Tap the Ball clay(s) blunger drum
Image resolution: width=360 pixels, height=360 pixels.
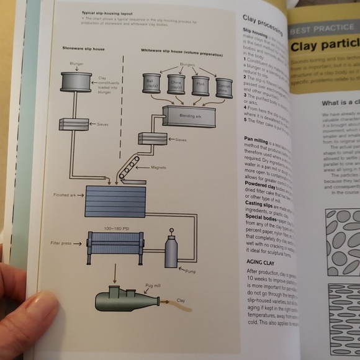(x=151, y=83)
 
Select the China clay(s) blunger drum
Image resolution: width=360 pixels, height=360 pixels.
(x=176, y=84)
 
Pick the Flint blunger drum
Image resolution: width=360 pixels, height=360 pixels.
(x=200, y=85)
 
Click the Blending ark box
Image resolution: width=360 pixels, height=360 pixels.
(x=189, y=116)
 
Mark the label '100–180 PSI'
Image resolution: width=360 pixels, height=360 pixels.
(x=115, y=228)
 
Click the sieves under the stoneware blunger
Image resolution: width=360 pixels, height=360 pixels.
(x=74, y=124)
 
